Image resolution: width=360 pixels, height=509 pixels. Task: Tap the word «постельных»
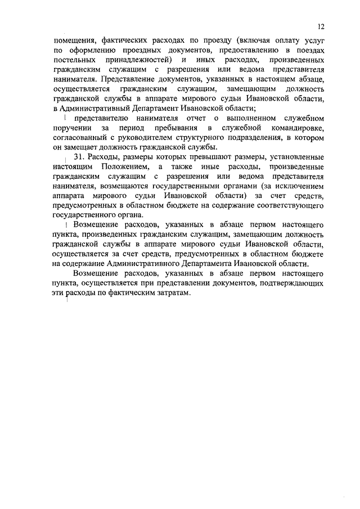pos(74,60)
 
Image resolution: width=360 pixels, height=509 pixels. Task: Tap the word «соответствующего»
pos(286,204)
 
